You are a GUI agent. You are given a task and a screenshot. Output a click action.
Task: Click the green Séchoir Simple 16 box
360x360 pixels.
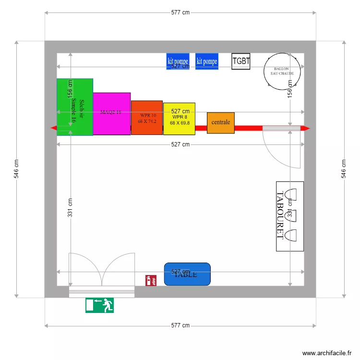click(x=75, y=107)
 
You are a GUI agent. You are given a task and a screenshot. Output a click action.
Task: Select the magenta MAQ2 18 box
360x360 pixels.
click(x=111, y=114)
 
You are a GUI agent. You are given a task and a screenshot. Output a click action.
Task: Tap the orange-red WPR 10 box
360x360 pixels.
click(x=147, y=118)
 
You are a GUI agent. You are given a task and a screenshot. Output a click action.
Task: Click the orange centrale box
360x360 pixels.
click(x=221, y=122)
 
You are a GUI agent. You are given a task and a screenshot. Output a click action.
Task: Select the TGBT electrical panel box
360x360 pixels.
click(x=241, y=61)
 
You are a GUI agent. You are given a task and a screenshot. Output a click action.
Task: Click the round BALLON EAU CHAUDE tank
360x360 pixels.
click(x=282, y=71)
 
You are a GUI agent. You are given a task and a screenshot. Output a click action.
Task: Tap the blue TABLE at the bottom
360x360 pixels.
click(x=187, y=274)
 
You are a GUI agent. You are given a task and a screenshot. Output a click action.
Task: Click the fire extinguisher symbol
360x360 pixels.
click(x=151, y=280)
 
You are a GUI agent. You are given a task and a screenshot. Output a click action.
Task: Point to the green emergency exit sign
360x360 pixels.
click(x=100, y=305)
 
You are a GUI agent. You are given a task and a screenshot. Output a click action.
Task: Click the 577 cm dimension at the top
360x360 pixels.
click(x=180, y=13)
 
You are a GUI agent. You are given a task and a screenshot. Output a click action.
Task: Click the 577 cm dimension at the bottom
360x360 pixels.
click(x=180, y=325)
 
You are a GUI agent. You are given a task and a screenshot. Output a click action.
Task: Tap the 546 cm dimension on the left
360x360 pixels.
click(x=16, y=169)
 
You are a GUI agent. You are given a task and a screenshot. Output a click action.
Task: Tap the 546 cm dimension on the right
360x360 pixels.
click(x=344, y=169)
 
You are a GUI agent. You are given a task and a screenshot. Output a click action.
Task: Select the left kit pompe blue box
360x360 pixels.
click(x=178, y=61)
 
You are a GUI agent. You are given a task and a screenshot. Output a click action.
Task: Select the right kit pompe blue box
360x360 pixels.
click(x=207, y=61)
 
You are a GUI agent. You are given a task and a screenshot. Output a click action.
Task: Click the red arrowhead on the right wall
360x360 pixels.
click(x=306, y=128)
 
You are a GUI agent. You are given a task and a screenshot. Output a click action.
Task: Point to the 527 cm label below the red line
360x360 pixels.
click(x=180, y=144)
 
